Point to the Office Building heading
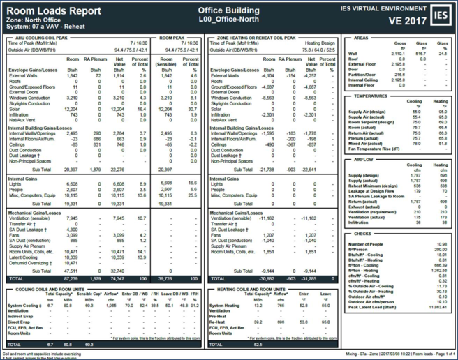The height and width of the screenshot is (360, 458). click(228, 11)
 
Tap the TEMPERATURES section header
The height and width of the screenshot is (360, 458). click(370, 96)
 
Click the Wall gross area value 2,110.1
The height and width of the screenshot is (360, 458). click(398, 53)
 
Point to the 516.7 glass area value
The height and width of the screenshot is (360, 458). click(421, 53)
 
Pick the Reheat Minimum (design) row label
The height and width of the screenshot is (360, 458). click(373, 186)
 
